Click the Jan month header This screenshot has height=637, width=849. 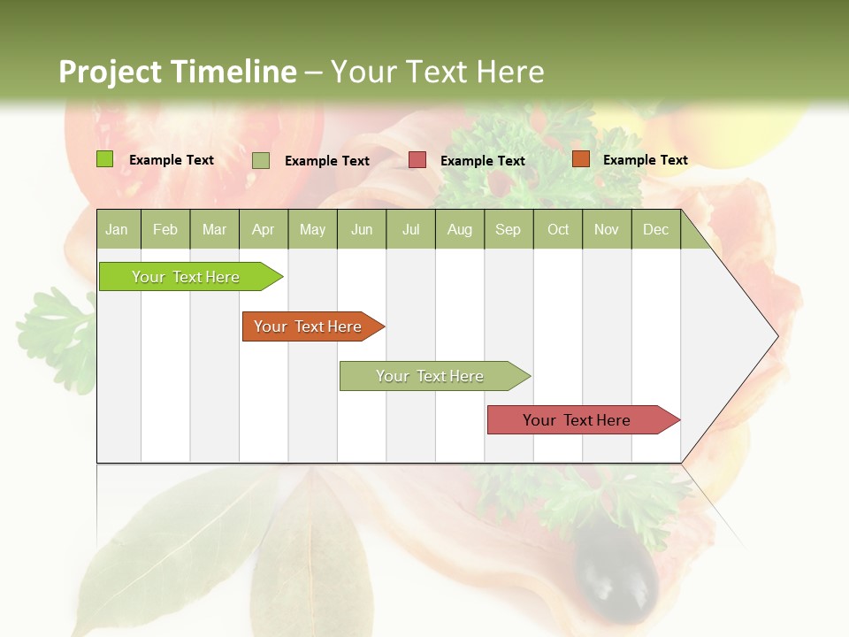point(117,230)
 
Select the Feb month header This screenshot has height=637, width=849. point(165,230)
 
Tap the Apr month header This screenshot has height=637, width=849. point(263,230)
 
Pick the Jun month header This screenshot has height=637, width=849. point(362,230)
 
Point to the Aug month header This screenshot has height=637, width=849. point(459,230)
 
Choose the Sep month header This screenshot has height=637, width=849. point(508,230)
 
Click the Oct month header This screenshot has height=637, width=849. point(558,230)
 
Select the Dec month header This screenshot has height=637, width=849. point(655,230)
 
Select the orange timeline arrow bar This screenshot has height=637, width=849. point(310,326)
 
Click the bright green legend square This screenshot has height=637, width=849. point(105,159)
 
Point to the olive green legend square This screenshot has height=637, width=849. point(261,160)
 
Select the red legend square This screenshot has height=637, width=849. point(417,160)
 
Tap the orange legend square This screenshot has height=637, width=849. point(580,159)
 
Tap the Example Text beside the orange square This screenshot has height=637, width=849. point(645,160)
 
